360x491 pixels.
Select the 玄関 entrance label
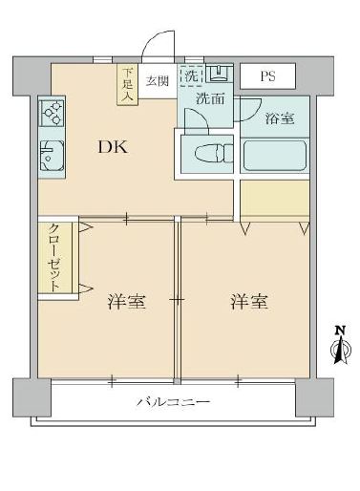157,80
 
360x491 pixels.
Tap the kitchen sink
50,155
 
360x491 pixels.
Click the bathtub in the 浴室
274,154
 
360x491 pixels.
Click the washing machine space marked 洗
191,75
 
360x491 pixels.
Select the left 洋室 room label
125,303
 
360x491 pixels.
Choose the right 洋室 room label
248,303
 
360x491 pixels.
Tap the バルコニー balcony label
173,402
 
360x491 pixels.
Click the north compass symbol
337,347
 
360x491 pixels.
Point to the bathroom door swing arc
251,108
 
